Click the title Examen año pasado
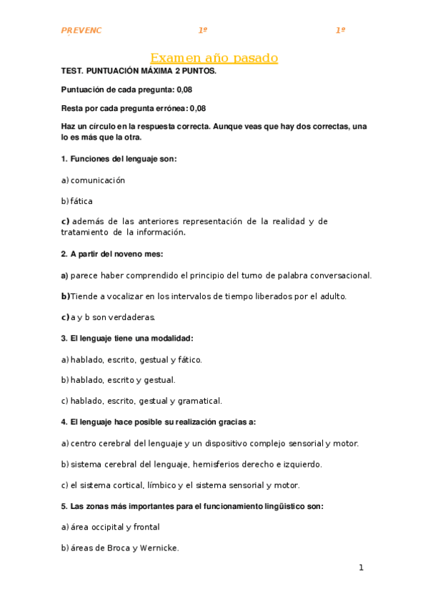tap(214, 58)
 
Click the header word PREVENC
tap(81, 30)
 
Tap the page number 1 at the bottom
tap(362, 568)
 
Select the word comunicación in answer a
tap(98, 180)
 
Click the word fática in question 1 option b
tap(81, 201)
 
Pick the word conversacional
tap(337, 275)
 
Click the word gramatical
tap(199, 401)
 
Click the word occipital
tap(103, 527)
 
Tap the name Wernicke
tap(159, 548)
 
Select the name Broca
tap(116, 548)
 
